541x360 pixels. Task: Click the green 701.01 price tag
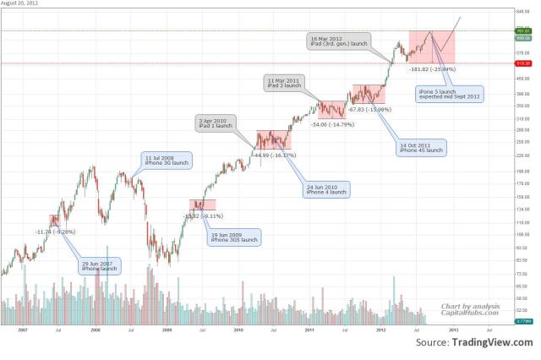coord(523,31)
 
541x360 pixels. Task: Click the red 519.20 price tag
coord(523,63)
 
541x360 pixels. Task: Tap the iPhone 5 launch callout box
coord(450,94)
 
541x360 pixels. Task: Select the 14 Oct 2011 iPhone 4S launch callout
coord(422,147)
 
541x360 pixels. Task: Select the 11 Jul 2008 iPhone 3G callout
coord(167,161)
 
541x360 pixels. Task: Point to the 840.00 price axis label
coord(522,12)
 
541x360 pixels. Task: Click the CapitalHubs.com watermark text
coord(470,312)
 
